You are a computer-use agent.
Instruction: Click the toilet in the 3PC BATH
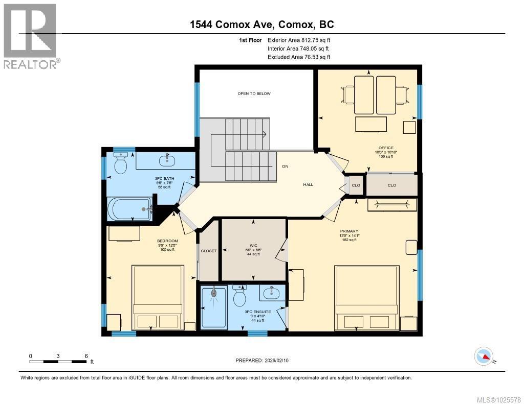click(x=121, y=164)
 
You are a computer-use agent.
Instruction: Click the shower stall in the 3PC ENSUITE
click(x=213, y=307)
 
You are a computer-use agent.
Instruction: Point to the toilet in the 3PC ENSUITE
click(x=240, y=295)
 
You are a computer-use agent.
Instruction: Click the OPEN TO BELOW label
click(x=254, y=93)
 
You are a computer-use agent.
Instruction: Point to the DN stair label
click(x=285, y=167)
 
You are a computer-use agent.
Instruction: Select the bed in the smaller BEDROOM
click(x=158, y=297)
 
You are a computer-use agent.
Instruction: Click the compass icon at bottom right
click(x=484, y=356)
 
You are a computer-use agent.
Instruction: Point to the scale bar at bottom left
click(x=58, y=361)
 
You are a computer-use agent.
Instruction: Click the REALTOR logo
click(x=31, y=36)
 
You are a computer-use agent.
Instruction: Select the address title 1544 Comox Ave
click(x=262, y=25)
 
